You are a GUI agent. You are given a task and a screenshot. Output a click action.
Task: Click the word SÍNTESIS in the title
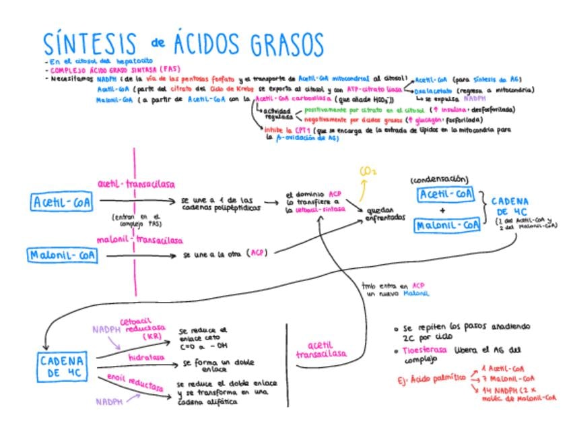coord(90,45)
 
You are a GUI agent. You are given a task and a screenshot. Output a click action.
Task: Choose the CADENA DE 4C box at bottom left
coord(61,366)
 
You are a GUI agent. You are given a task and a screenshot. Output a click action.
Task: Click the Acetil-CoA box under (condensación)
coord(445,195)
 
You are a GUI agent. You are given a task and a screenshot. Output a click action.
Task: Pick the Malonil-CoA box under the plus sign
coord(446,225)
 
